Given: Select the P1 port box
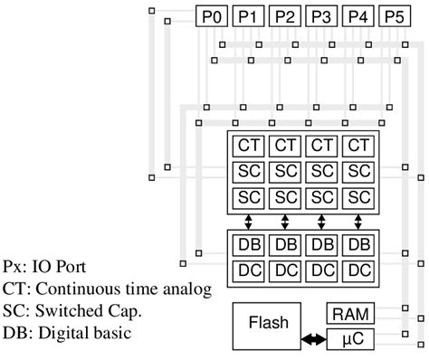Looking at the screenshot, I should [x=247, y=16].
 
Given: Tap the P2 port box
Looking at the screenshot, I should [x=284, y=16].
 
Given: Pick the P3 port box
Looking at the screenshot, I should [x=320, y=16].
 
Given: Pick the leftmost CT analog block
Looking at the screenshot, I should [x=248, y=146].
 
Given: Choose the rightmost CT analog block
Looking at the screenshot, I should [x=358, y=146].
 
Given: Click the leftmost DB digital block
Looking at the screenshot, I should [x=248, y=244].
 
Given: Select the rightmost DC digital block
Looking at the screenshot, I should [x=358, y=269].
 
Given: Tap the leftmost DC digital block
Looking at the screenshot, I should [x=248, y=269].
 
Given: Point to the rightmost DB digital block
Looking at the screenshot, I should [x=358, y=244].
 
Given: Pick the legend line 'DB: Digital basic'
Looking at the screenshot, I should [x=67, y=332].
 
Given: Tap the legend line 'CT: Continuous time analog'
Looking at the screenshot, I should [x=106, y=289].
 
